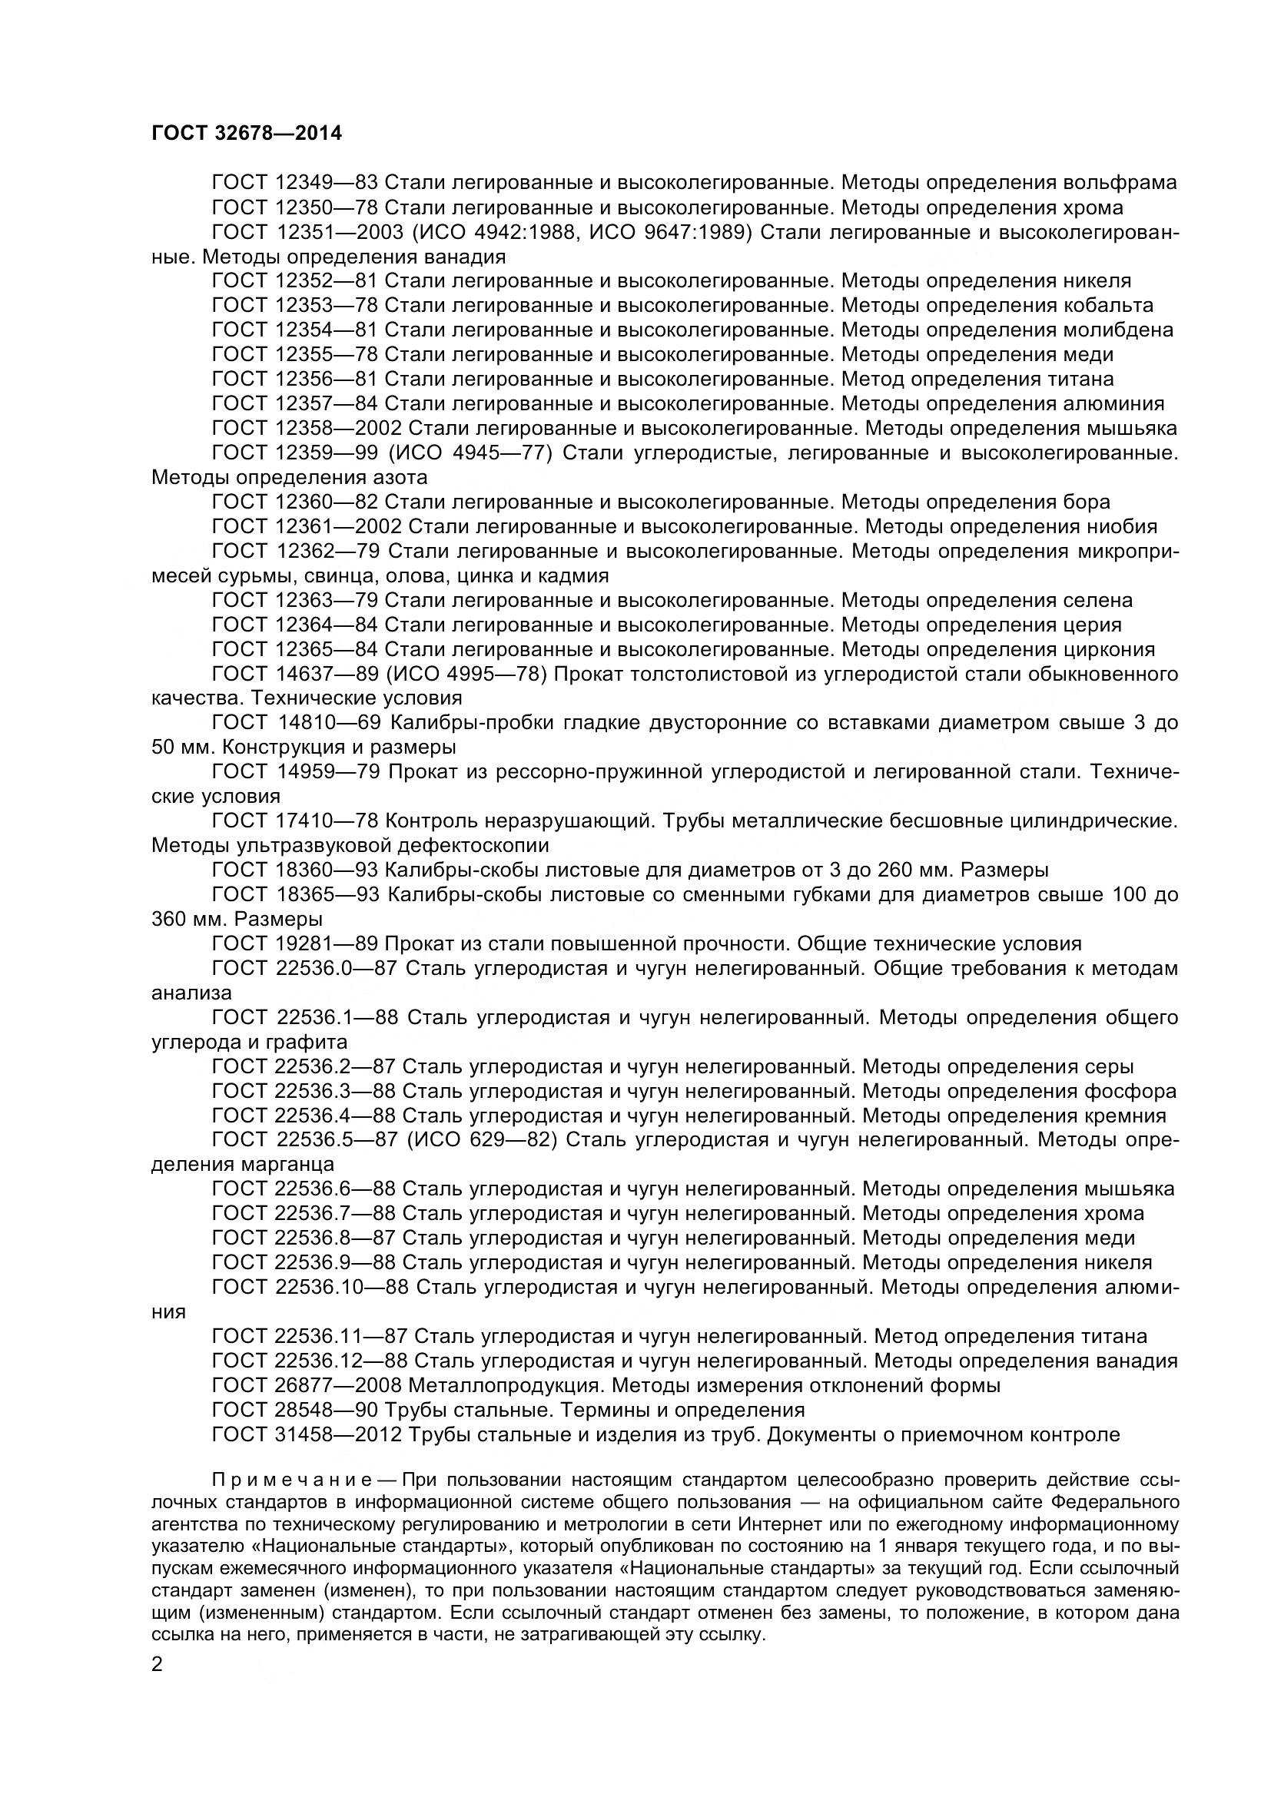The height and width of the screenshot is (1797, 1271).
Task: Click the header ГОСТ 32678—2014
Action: (247, 134)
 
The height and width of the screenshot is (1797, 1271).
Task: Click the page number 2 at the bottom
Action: (158, 1664)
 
